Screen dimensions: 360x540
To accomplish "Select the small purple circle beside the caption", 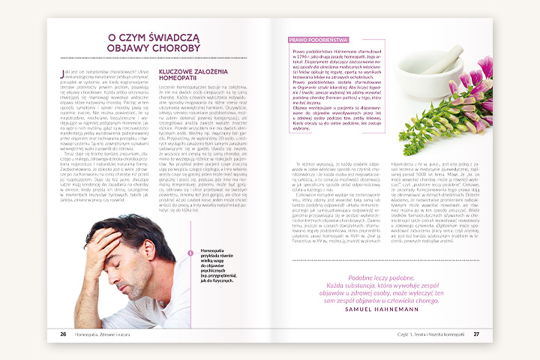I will pos(190,253).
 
